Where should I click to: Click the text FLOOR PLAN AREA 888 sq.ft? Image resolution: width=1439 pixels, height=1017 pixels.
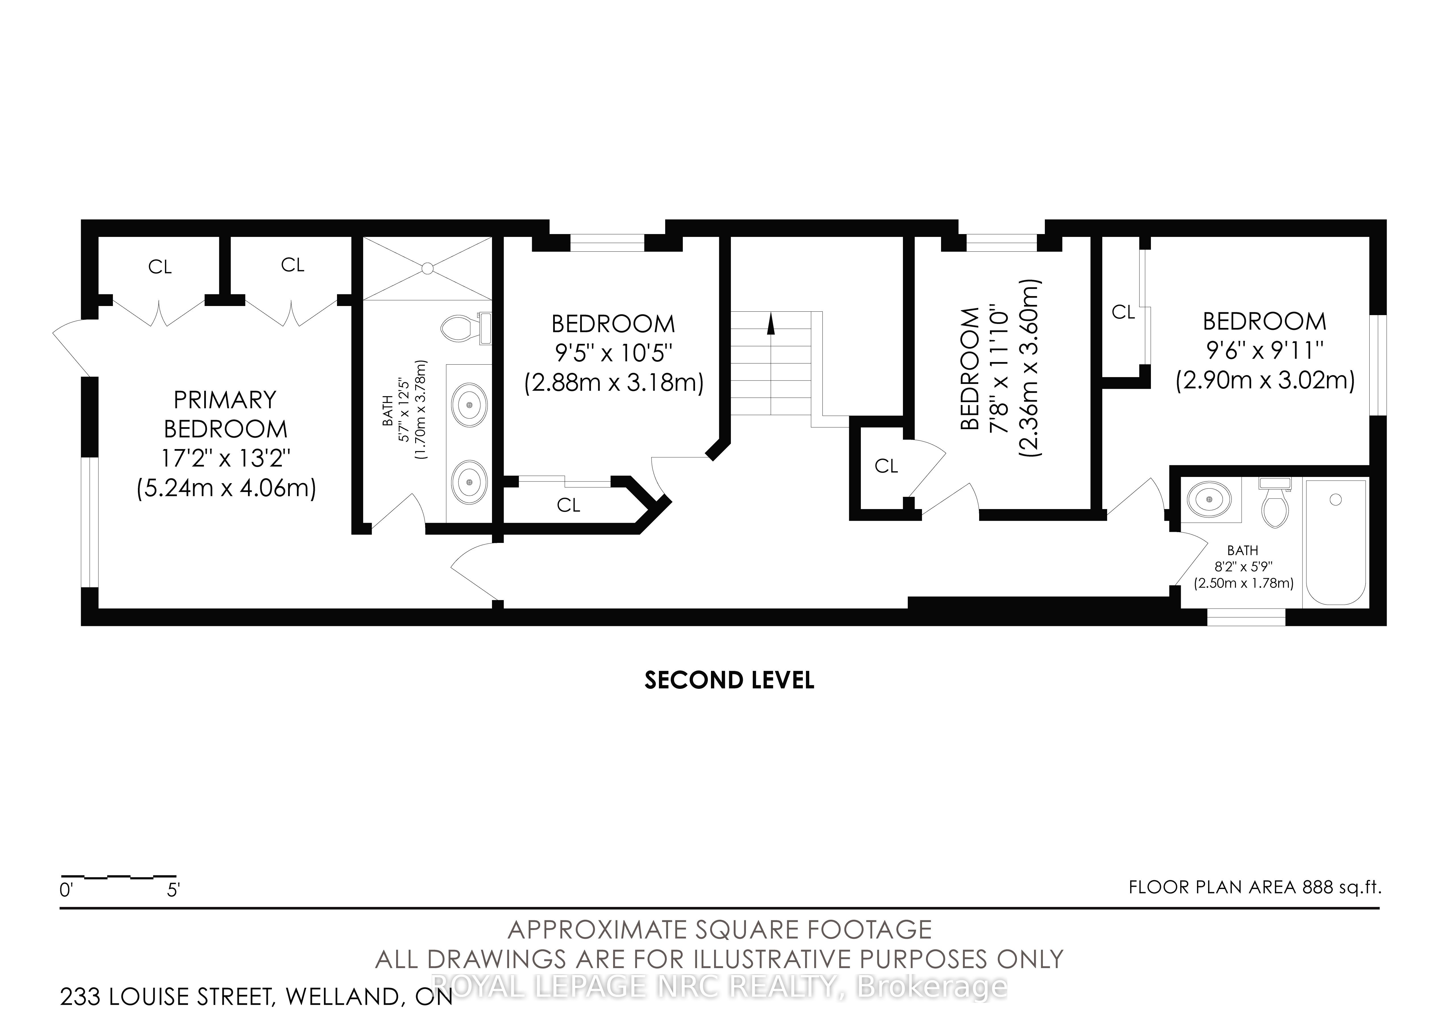tap(1255, 887)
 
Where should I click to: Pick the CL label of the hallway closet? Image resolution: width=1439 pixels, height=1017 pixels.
tap(886, 466)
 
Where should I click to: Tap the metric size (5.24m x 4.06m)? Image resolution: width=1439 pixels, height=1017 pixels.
tap(226, 487)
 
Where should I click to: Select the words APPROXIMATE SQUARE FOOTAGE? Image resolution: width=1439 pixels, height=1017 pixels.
tap(720, 930)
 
